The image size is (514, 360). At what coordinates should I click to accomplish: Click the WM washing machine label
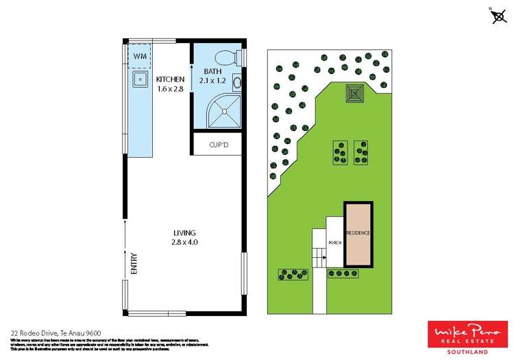pos(140,56)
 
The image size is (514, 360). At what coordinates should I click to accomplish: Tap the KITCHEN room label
pos(170,80)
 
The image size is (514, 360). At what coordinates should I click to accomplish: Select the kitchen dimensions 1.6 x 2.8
pos(170,89)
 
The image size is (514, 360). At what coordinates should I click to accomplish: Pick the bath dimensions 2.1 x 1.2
pos(212,80)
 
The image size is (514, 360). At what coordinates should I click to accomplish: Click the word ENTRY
pos(133,264)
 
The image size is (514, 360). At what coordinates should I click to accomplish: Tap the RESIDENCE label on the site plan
pos(358,233)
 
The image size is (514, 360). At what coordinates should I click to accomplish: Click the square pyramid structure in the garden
pos(354,92)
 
